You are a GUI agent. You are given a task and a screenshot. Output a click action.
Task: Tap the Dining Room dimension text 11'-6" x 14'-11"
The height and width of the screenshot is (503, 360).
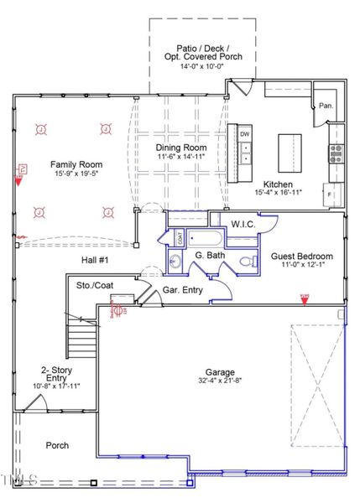(x=181, y=156)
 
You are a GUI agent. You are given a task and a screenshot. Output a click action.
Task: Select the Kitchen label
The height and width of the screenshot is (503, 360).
(x=278, y=184)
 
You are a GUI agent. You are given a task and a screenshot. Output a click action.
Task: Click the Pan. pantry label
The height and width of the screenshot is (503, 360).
(x=326, y=106)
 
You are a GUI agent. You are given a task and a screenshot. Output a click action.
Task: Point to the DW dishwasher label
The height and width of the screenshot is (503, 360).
(x=244, y=134)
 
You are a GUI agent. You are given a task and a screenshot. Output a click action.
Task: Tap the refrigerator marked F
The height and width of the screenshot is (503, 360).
(x=330, y=194)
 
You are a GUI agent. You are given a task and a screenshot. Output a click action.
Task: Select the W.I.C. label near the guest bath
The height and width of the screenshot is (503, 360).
(x=243, y=223)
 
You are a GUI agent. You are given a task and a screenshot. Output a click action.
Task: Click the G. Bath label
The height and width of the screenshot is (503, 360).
(x=208, y=255)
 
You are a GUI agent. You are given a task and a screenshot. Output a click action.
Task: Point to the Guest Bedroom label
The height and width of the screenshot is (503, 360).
(x=302, y=256)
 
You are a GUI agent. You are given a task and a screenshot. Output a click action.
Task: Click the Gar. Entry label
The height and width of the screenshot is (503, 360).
(x=181, y=289)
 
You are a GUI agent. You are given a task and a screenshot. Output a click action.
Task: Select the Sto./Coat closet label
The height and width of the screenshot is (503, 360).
(x=94, y=286)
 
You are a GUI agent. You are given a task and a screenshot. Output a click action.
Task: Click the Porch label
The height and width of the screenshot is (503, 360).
(x=57, y=445)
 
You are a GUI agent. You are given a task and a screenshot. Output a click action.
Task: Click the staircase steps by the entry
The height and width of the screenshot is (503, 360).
(x=82, y=343)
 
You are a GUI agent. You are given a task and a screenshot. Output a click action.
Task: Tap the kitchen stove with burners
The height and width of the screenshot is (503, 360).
(x=336, y=151)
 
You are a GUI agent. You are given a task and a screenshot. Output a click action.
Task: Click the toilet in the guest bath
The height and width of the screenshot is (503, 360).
(x=245, y=262)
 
